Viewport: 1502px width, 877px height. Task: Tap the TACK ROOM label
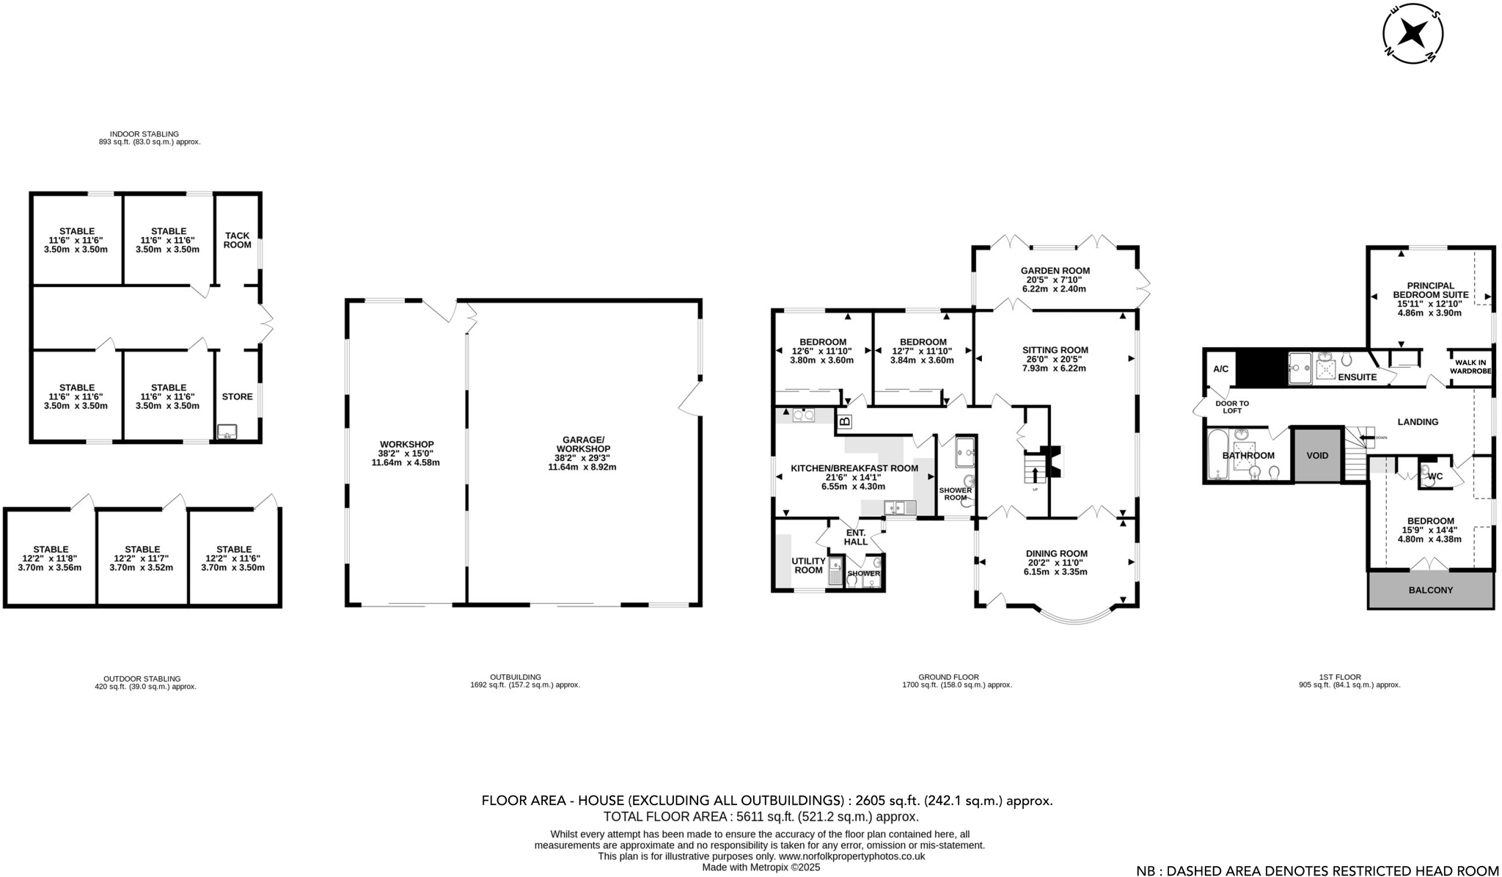(237, 240)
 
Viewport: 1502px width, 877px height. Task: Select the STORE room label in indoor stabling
(237, 396)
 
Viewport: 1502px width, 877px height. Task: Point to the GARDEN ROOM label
(1055, 271)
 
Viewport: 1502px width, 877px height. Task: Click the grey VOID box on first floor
(1317, 455)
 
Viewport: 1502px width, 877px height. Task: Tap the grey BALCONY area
(1430, 590)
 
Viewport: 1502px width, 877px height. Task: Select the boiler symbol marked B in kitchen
(844, 422)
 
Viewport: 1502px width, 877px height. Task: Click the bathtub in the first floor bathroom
(1216, 455)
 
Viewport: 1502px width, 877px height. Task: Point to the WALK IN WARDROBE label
(1470, 366)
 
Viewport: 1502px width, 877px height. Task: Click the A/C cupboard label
(1220, 369)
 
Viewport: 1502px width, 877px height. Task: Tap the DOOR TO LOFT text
(1232, 407)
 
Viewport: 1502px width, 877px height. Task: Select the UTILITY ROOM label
(808, 565)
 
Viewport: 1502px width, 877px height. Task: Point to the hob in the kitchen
(804, 415)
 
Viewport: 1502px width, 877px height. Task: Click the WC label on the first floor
(1435, 476)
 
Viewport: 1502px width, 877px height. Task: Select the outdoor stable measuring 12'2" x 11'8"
(50, 558)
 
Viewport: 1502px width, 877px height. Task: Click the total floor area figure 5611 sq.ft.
(761, 817)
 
